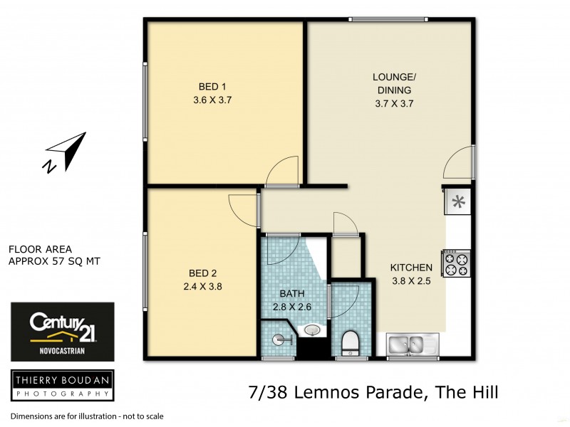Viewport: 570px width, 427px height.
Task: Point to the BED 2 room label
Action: point(203,273)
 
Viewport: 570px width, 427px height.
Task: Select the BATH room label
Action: point(292,295)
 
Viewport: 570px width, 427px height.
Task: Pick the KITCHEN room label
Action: point(411,268)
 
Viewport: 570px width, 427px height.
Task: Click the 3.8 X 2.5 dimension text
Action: point(411,280)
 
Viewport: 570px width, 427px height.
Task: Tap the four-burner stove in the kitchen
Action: point(455,263)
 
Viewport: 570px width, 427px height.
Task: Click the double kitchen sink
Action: point(414,345)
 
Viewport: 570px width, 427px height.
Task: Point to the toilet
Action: point(350,342)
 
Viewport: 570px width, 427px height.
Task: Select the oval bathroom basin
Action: point(312,330)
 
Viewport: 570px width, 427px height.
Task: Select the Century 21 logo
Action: point(62,332)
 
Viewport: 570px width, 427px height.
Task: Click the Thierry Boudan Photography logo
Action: point(62,386)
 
